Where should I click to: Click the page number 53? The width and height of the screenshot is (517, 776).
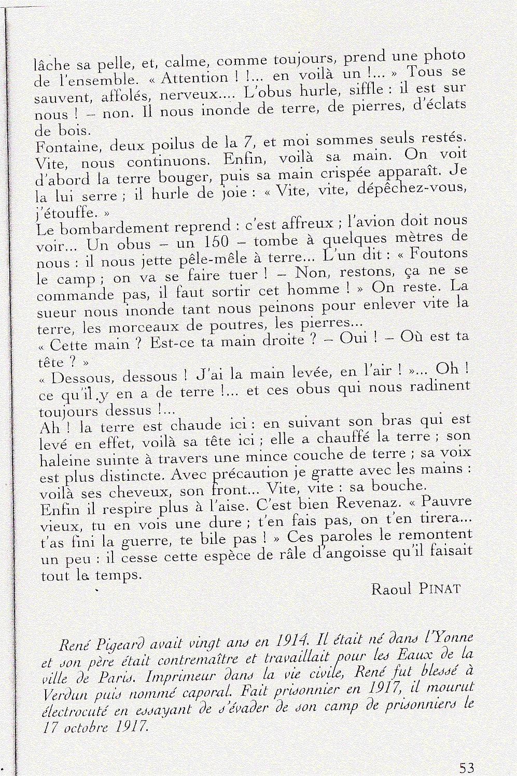(466, 767)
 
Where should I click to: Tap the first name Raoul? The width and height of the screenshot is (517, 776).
(391, 588)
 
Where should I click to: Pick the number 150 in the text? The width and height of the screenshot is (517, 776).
(216, 242)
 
